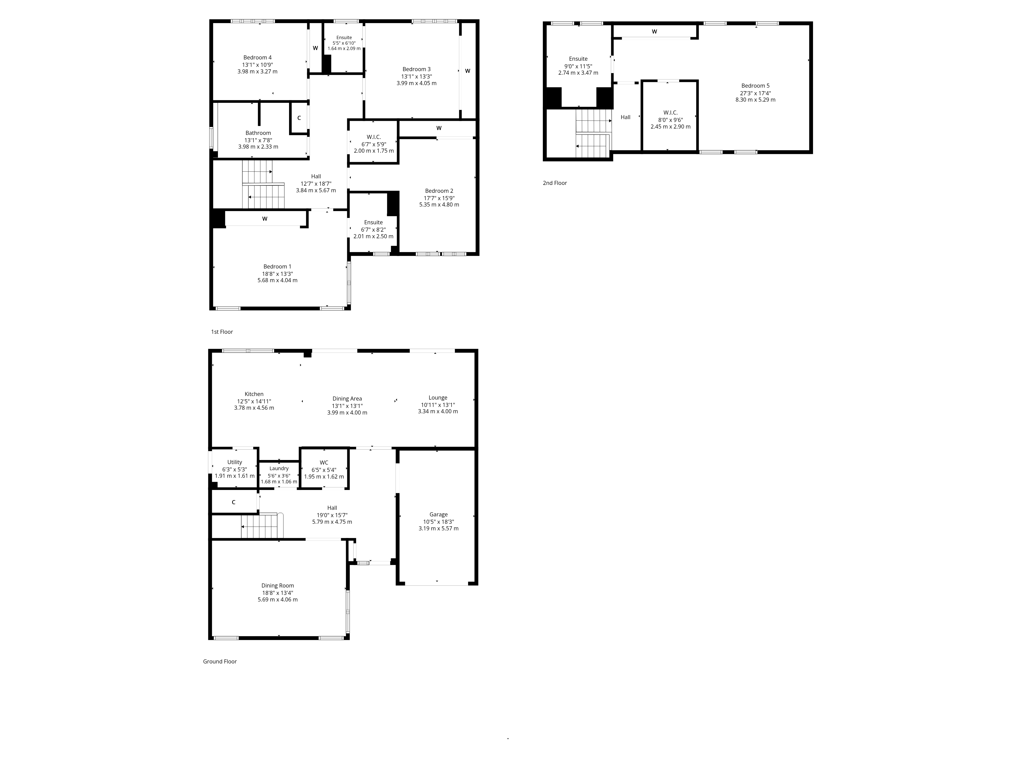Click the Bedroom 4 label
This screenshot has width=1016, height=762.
(x=257, y=57)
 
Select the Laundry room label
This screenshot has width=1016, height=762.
(x=279, y=468)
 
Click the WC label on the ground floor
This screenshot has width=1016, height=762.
(x=324, y=463)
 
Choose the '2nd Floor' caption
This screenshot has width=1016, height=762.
(x=554, y=183)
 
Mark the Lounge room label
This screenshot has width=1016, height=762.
(x=438, y=398)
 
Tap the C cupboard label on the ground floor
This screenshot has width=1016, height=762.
(x=233, y=502)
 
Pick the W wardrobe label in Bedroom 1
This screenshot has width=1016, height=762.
(x=265, y=219)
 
